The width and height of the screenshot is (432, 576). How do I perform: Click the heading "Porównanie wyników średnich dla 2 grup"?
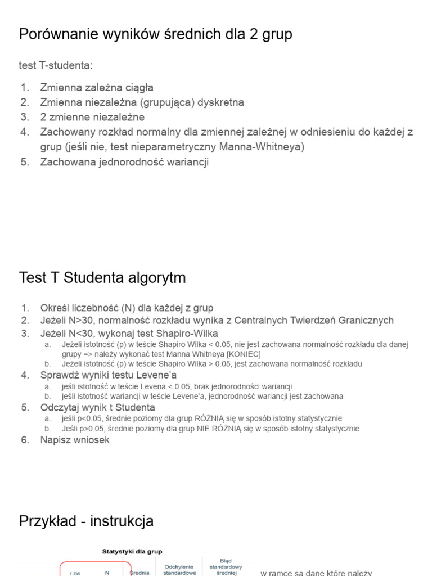[156, 35]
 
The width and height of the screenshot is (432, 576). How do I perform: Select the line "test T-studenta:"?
[56, 66]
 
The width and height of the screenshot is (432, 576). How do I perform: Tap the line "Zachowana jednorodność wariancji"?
[124, 162]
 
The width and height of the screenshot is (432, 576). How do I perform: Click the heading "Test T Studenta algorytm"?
[102, 278]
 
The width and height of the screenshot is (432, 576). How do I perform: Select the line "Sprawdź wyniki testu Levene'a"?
[109, 375]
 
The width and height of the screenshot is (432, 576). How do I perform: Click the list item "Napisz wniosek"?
[75, 440]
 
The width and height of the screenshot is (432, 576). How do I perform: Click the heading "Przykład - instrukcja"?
[86, 521]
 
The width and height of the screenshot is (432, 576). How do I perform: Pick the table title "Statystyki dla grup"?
[132, 552]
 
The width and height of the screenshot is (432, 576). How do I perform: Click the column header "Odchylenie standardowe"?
[179, 570]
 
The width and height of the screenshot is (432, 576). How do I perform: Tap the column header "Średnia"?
[139, 573]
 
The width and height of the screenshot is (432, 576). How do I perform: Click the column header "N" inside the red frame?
[107, 573]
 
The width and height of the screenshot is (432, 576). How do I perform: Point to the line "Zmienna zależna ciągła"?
[97, 88]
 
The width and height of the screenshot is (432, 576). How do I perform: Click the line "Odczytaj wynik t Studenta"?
[97, 407]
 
